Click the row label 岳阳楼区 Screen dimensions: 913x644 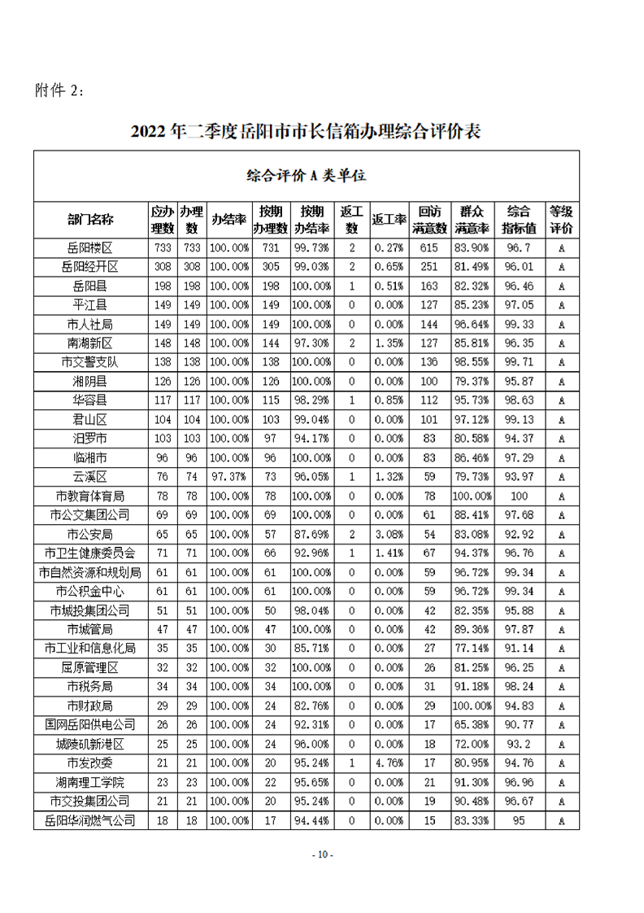[x=90, y=247]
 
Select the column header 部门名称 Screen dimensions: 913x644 [x=90, y=219]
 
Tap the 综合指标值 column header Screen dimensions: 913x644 [x=519, y=219]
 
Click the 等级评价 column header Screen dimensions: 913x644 [x=561, y=219]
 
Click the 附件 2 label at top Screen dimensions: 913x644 [x=59, y=90]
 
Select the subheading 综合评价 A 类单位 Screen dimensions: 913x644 [x=306, y=175]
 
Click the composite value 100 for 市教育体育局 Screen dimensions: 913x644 [x=519, y=496]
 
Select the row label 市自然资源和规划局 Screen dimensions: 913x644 [x=90, y=571]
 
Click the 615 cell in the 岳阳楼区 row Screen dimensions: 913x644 [x=429, y=247]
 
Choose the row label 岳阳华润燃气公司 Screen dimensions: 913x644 [x=90, y=820]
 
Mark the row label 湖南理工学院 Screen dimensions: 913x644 [x=90, y=782]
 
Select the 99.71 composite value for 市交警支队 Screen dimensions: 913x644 [x=519, y=362]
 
